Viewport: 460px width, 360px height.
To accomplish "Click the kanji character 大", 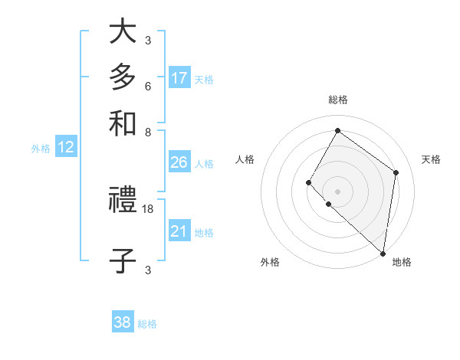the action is (123, 33).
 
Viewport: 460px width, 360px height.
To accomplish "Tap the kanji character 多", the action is (123, 78).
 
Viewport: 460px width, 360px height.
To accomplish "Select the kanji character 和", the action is (123, 123).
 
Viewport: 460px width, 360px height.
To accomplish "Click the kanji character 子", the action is (123, 260).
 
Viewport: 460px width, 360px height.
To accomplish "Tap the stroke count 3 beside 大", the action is (147, 40).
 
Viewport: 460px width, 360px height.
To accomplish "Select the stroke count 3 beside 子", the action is (147, 269).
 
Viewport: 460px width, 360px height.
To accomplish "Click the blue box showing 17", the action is (179, 78).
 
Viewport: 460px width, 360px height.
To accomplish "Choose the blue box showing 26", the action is (179, 162).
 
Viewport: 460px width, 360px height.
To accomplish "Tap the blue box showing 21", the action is (179, 231).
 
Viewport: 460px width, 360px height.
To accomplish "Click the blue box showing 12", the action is (66, 148).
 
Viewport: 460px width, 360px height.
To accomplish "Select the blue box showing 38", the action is (123, 322).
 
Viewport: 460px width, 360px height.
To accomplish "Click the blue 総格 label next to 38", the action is (147, 324).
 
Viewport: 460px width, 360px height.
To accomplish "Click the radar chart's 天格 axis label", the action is (431, 159).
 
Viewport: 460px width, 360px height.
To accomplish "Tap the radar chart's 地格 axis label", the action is (402, 263).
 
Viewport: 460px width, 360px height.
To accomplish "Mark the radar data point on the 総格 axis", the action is (337, 130).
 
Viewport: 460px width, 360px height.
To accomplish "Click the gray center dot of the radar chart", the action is (337, 191).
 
